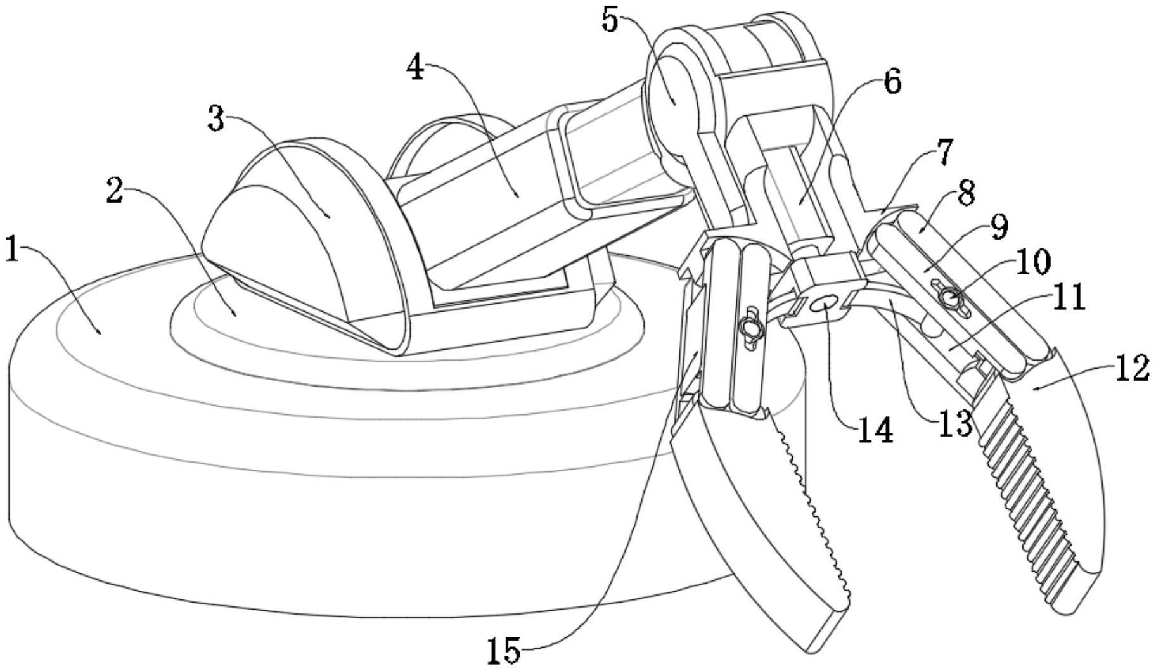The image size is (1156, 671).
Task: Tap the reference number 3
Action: [x=217, y=119]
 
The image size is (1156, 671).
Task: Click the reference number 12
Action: [x=1132, y=369]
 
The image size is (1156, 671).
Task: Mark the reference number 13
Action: [x=954, y=423]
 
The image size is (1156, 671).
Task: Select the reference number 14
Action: [x=875, y=431]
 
